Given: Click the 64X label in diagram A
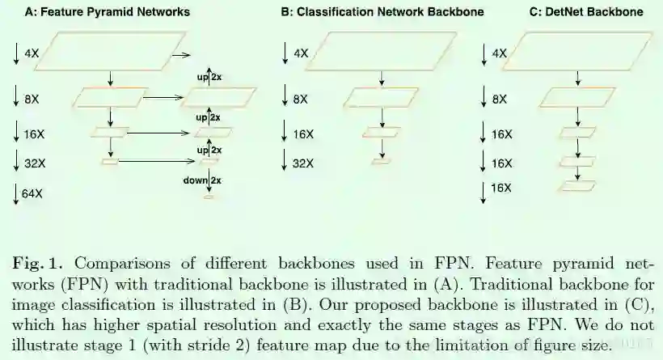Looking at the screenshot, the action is [33, 193].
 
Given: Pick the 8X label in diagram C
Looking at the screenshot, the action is [500, 100].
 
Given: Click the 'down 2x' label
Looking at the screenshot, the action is [201, 180].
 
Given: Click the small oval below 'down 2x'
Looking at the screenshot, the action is [208, 197].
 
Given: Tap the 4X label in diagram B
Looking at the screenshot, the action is [301, 53].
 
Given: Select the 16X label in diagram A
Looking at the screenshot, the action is [33, 132].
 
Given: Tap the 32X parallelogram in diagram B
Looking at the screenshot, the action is [380, 163].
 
